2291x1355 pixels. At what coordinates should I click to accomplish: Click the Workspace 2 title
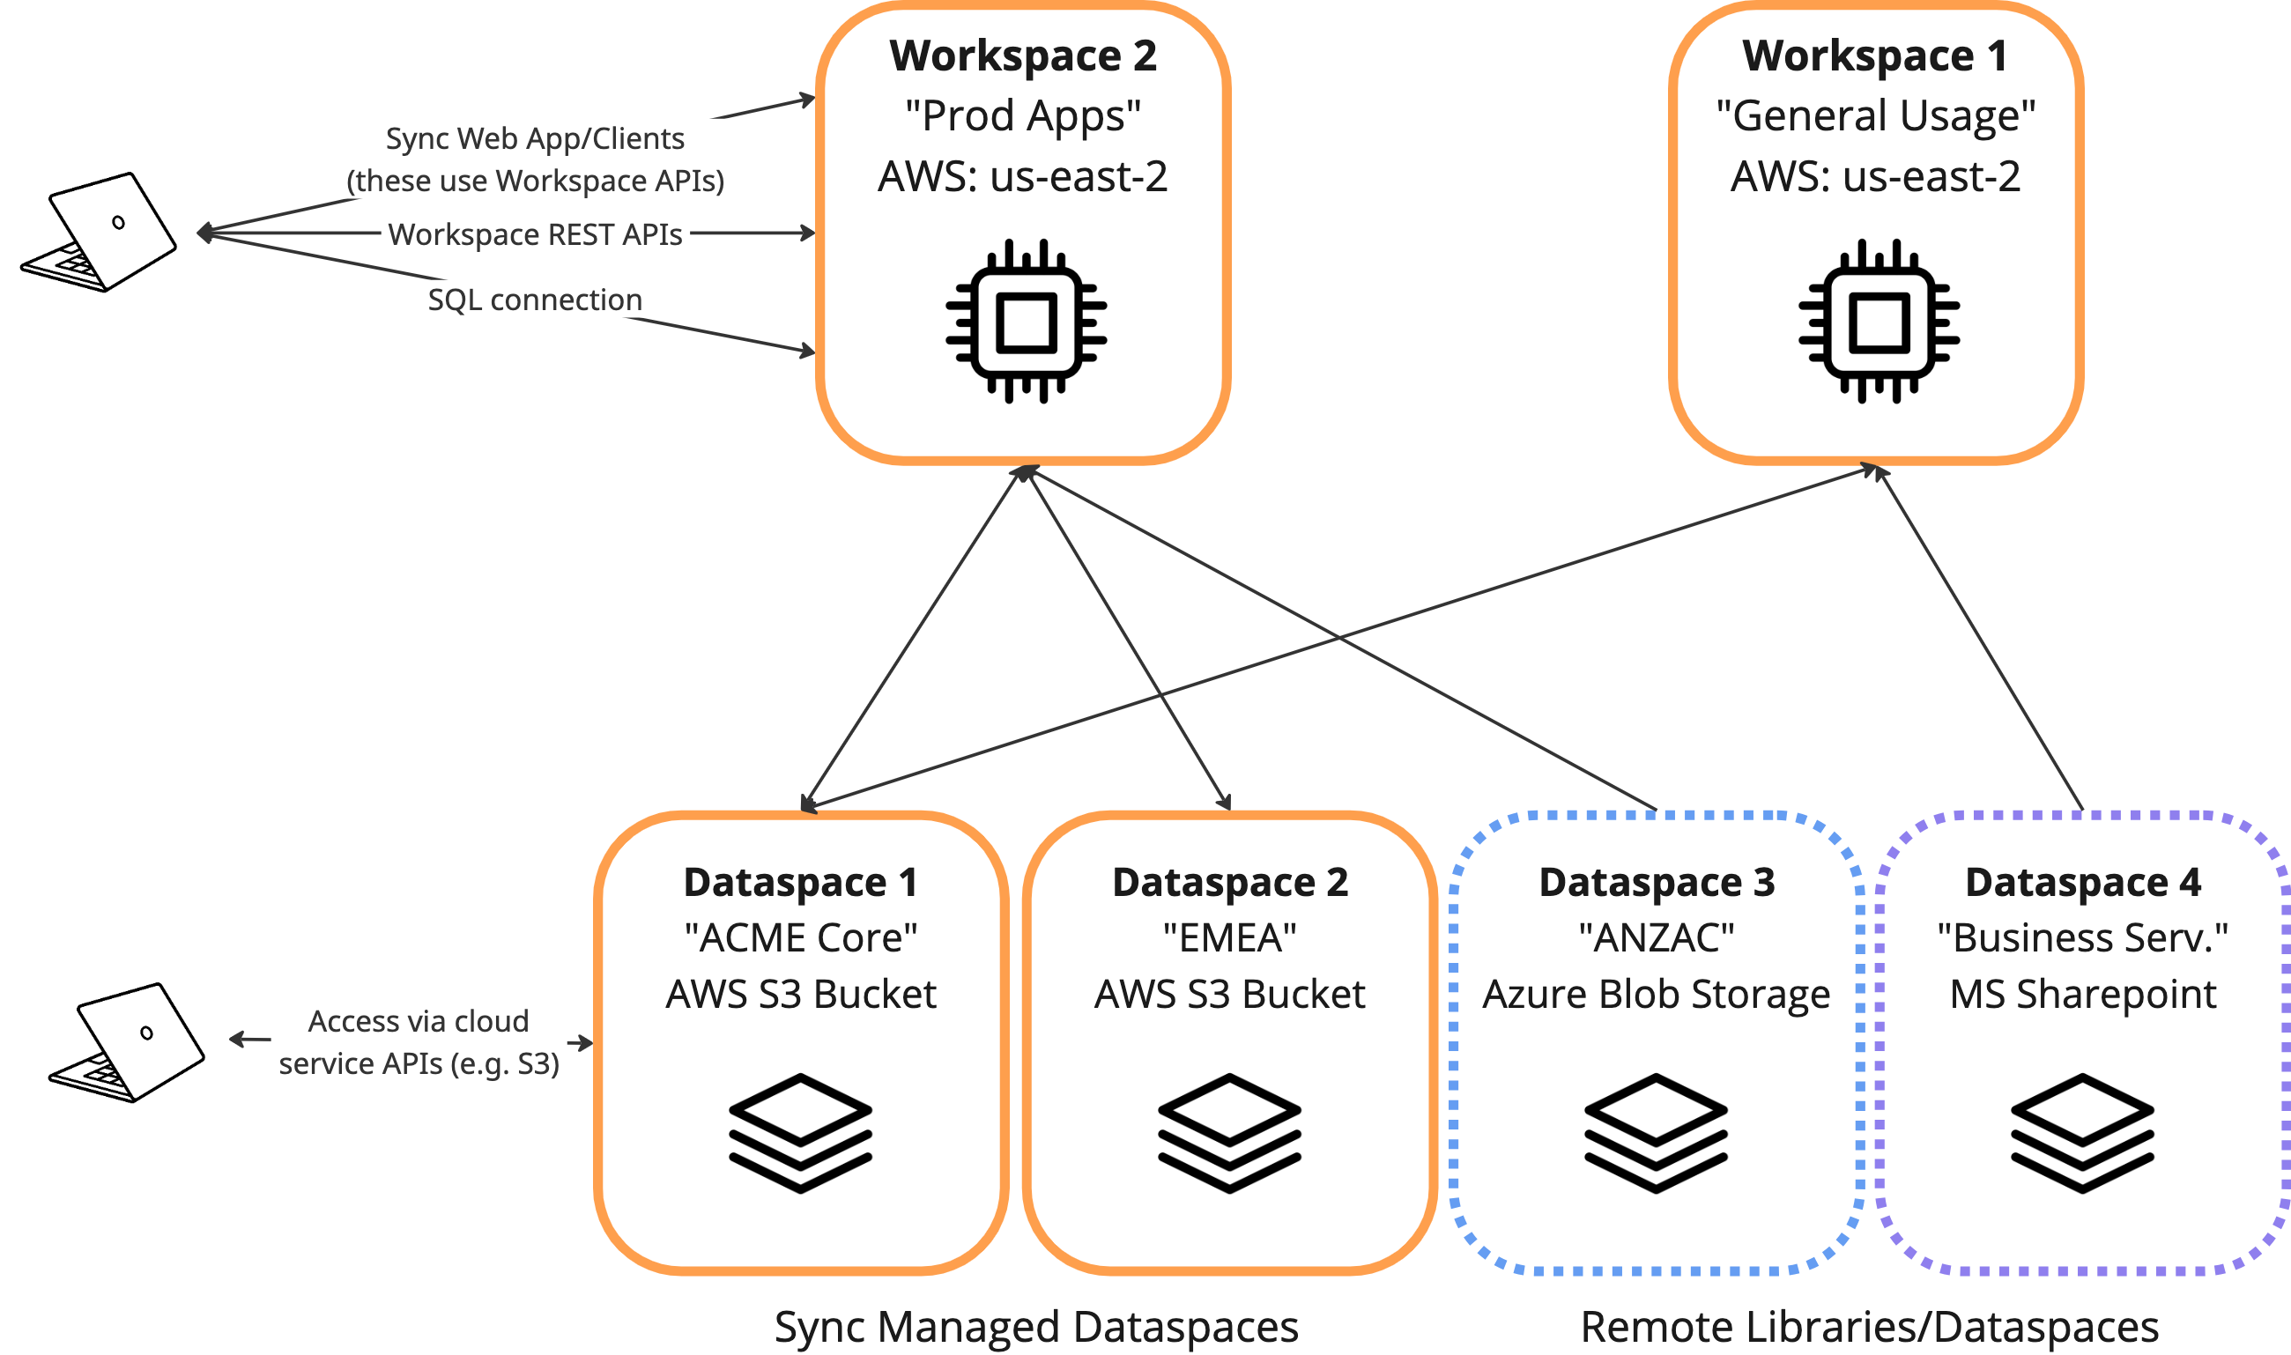click(1023, 56)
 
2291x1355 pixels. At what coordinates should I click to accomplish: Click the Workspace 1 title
click(1875, 56)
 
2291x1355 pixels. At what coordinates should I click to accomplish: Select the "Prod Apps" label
click(1023, 116)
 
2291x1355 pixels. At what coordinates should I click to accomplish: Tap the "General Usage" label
click(1875, 116)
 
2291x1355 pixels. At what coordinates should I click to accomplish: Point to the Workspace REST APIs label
click(535, 234)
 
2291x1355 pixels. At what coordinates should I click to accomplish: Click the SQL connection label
click(535, 300)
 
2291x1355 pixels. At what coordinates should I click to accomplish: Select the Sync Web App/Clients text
click(535, 139)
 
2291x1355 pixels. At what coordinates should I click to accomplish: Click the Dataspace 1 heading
click(801, 882)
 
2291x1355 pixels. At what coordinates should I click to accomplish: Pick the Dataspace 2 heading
click(1230, 882)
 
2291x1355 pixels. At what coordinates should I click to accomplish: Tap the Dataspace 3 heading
click(1657, 882)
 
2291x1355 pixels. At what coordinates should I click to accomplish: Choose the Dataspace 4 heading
click(2083, 882)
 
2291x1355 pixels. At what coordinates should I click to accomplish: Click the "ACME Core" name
click(801, 937)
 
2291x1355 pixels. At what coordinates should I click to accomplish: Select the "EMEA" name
click(1230, 937)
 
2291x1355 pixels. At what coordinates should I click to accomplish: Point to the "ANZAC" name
click(1657, 937)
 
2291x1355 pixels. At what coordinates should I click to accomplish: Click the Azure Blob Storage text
click(1657, 994)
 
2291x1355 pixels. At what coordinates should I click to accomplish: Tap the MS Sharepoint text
click(2083, 994)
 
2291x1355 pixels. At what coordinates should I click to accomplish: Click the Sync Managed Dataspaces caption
click(1035, 1326)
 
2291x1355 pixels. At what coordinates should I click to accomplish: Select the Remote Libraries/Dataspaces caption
click(1869, 1326)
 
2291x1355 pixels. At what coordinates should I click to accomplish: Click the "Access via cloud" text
click(419, 1021)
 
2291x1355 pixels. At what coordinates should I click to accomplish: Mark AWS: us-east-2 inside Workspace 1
click(1875, 176)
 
